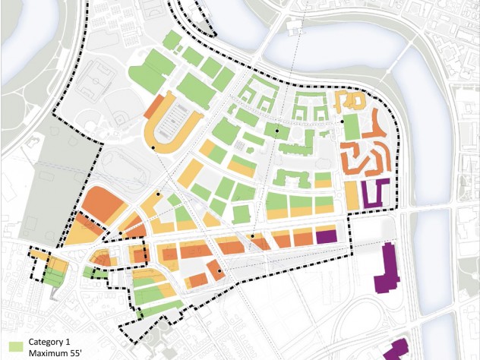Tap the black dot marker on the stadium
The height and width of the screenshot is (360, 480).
(x=153, y=147)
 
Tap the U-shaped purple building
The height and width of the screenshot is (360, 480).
(x=375, y=193)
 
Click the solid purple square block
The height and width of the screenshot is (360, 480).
(x=326, y=235)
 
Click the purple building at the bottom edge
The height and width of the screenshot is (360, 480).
(x=395, y=351)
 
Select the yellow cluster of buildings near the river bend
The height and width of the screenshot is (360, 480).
(x=349, y=103)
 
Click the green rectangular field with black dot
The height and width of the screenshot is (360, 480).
(x=351, y=127)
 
